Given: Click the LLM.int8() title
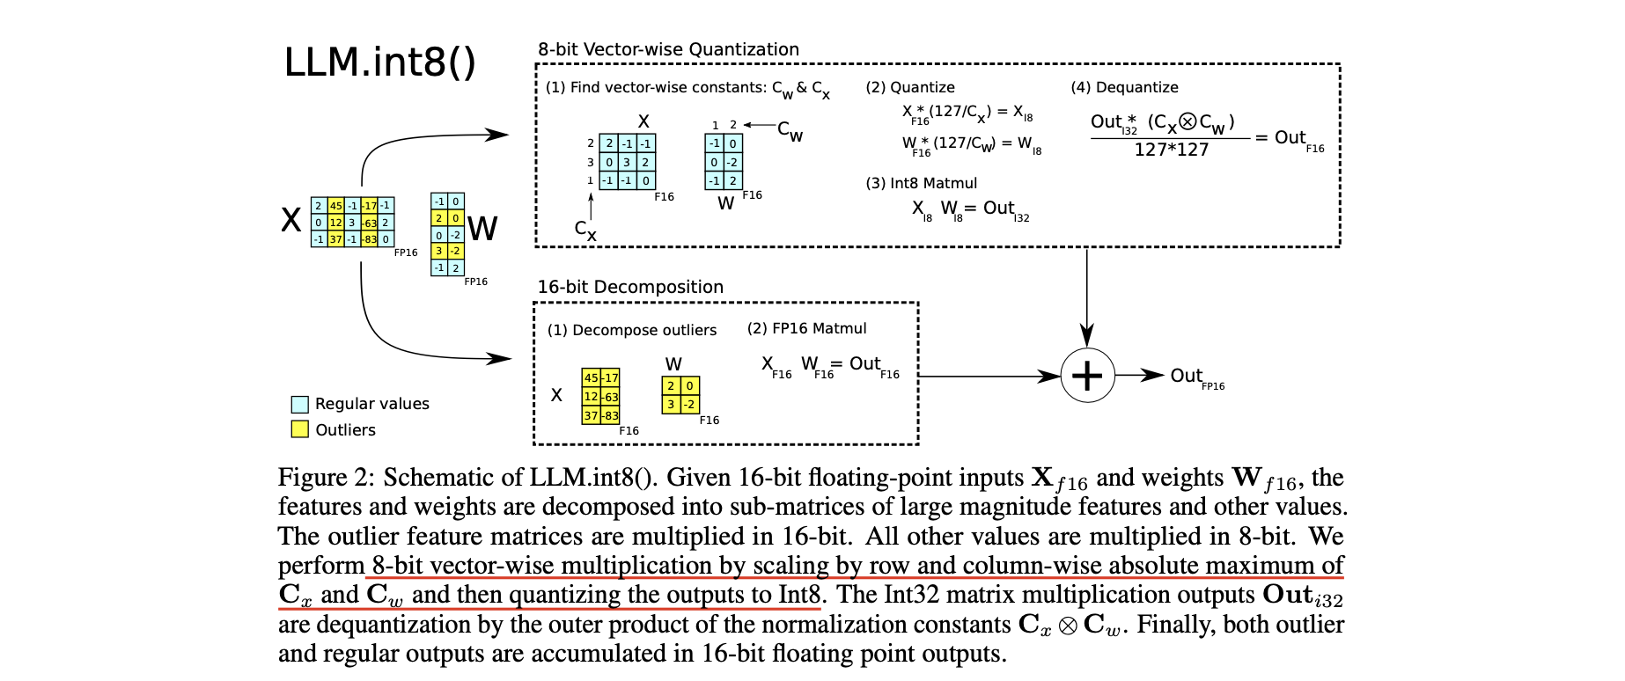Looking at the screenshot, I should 379,62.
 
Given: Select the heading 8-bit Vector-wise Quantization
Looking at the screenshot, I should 668,49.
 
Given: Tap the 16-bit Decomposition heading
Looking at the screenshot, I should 630,287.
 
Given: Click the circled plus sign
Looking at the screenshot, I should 1087,376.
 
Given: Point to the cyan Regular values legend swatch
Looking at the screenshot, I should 300,404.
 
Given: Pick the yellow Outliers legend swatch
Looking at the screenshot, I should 300,429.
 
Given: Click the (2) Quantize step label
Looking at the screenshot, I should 910,87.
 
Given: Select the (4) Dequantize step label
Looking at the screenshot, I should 1124,87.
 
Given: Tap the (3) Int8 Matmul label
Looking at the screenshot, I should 921,183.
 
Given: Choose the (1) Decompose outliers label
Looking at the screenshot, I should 631,330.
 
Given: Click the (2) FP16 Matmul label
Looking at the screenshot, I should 806,328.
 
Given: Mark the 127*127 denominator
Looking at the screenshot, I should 1171,150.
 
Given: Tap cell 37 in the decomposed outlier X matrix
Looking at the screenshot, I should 591,415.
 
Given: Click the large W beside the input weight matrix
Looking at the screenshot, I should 482,229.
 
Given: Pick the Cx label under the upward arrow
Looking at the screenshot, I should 585,230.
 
